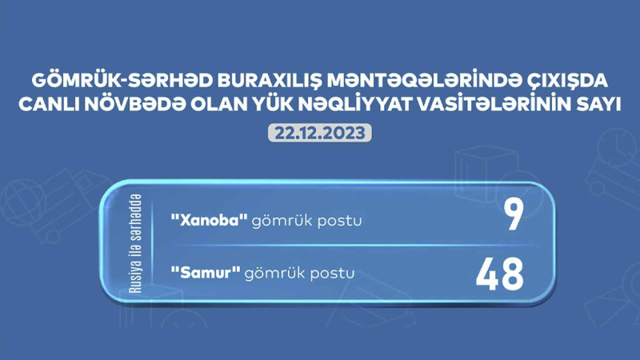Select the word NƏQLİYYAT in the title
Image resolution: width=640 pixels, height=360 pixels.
pos(363,106)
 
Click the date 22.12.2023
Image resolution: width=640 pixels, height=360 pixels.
pos(319,132)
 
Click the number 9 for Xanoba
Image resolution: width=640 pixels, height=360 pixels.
pos(512,218)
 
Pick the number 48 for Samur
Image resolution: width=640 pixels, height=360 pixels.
pos(499,274)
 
